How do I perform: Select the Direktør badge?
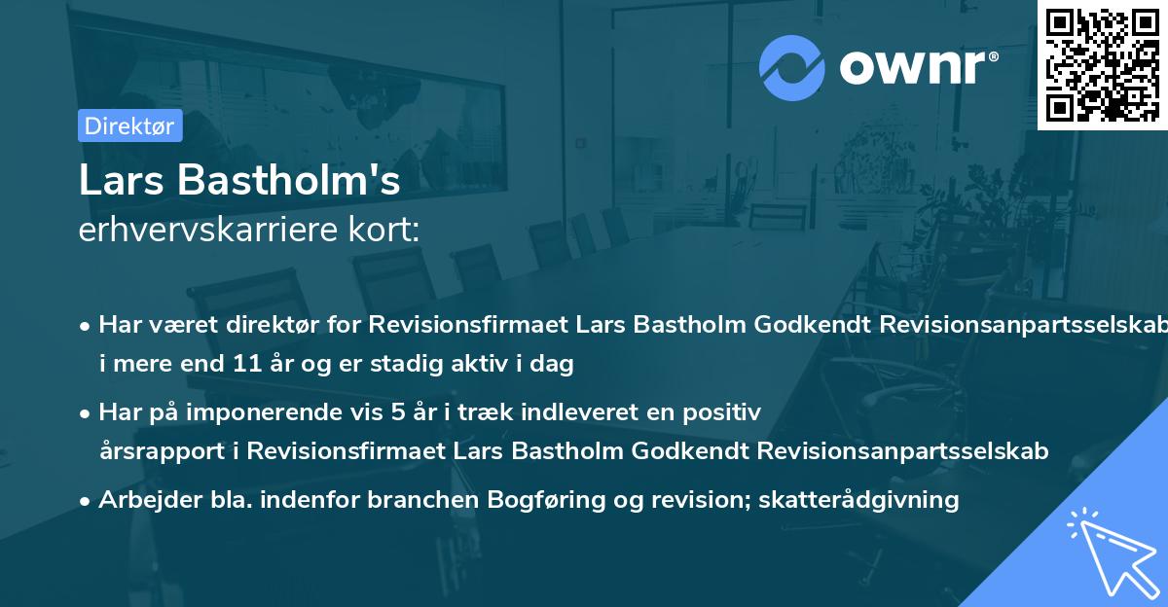click(x=129, y=125)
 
